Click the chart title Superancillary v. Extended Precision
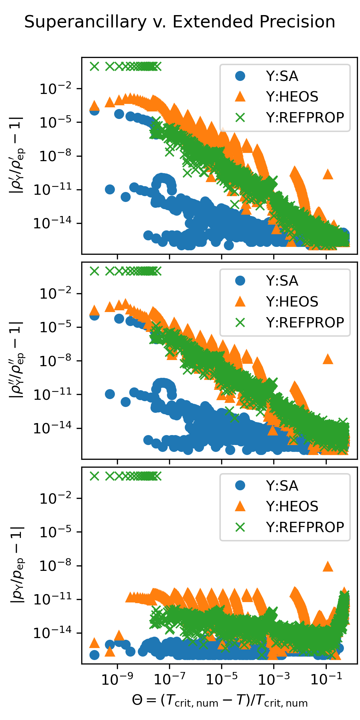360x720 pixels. (180, 22)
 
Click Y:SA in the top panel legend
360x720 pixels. (282, 76)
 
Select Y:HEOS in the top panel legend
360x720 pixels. (292, 97)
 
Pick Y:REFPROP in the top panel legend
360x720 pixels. (305, 118)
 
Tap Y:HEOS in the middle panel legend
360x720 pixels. (292, 302)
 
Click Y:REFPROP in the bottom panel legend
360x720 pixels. (305, 527)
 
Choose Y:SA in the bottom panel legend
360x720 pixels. (282, 486)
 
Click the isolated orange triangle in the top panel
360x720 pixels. (328, 174)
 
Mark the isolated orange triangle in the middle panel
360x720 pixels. (328, 359)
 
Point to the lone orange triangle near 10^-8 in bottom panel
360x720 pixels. (328, 566)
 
